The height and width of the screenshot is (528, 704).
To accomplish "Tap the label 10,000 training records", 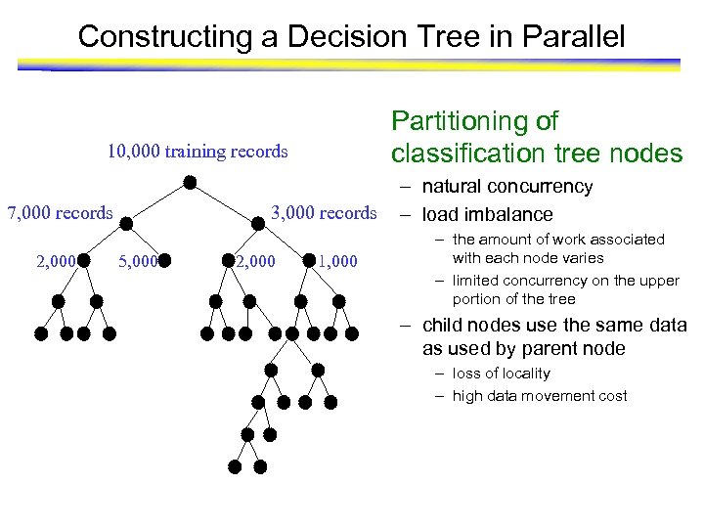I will click(198, 152).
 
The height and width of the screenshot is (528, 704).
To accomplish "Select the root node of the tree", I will click(190, 183).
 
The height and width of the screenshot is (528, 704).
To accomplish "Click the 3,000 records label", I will click(324, 213).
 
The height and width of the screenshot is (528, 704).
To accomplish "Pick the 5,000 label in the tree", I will click(136, 261).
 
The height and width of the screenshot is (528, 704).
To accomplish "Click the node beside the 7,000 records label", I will click(126, 222).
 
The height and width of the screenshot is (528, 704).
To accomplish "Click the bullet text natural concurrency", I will click(506, 187).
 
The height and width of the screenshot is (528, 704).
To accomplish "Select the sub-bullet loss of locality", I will click(501, 374).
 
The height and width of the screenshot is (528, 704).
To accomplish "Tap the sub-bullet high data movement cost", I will click(539, 396).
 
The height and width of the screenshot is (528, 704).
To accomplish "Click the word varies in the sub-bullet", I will click(584, 258).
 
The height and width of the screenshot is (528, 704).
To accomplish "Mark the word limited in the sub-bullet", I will click(476, 281).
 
